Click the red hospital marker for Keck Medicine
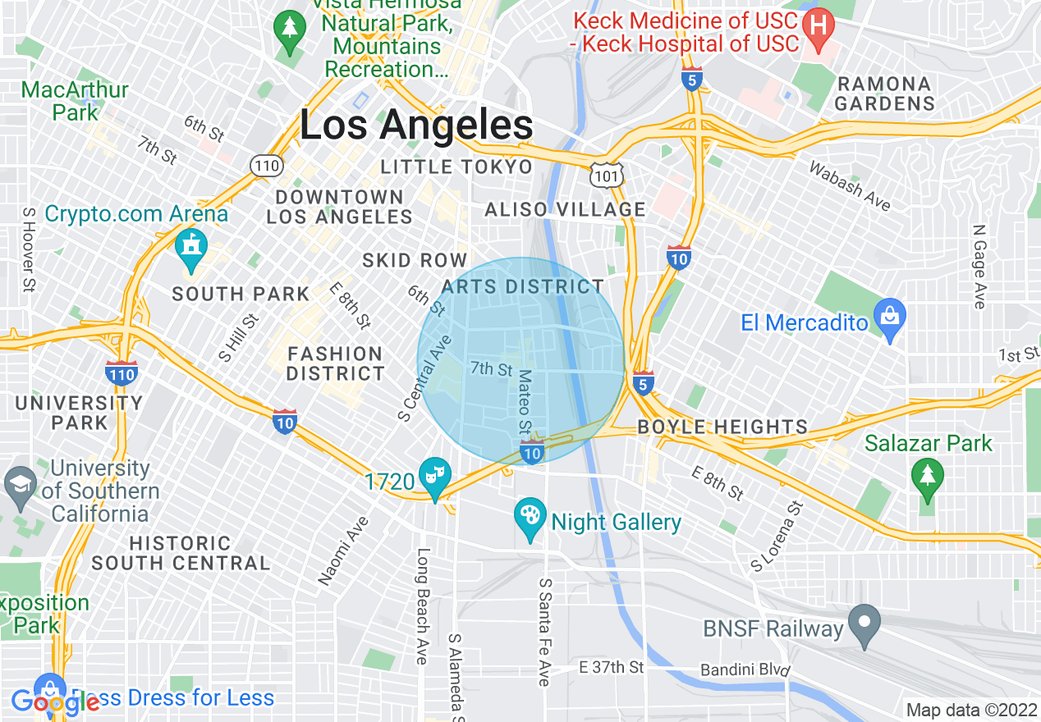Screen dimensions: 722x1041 pos(818,25)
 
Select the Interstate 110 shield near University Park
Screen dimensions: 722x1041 pos(121,373)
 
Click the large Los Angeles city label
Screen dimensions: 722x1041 pos(416,126)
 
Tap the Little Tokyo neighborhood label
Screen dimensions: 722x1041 pos(456,167)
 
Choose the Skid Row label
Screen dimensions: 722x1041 pos(415,261)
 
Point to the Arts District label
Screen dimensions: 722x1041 pos(522,287)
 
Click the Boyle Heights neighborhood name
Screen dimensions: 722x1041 pos(722,427)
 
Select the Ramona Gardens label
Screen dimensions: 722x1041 pos(885,94)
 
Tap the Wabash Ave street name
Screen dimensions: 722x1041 pos(850,185)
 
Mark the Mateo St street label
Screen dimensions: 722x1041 pos(525,402)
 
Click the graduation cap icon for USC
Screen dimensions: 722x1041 pos(20,483)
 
